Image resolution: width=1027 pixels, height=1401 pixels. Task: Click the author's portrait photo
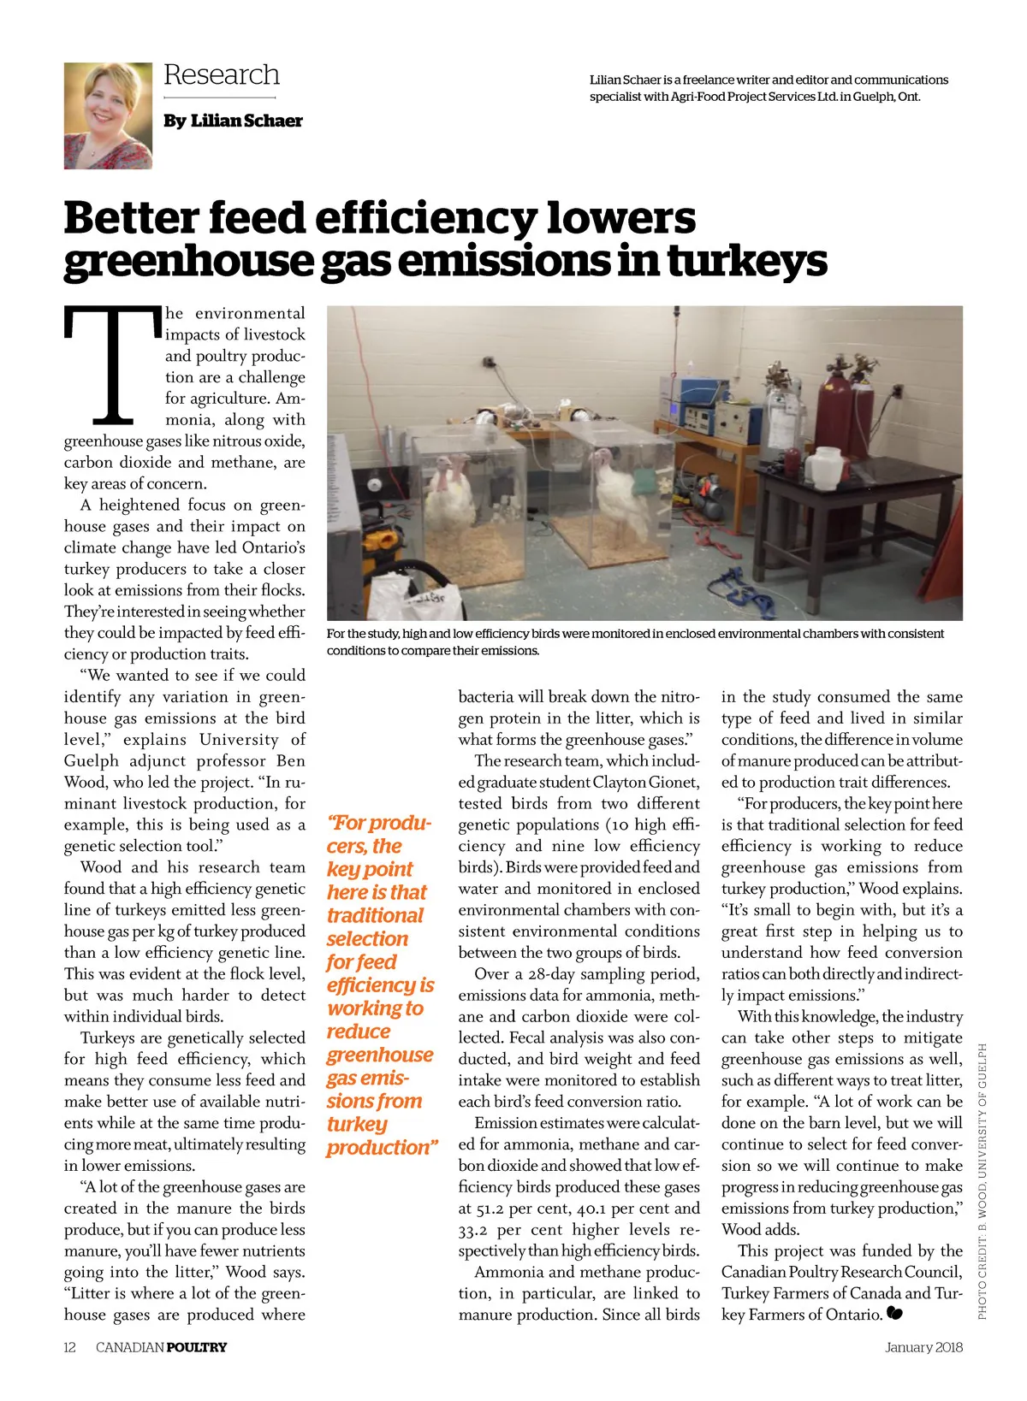click(x=108, y=115)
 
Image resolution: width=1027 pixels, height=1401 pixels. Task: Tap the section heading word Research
click(x=222, y=75)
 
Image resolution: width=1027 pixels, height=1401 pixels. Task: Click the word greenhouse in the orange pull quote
click(x=380, y=1055)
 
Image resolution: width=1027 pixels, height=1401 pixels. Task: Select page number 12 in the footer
click(x=70, y=1348)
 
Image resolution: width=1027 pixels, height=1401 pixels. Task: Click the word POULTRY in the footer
click(x=197, y=1348)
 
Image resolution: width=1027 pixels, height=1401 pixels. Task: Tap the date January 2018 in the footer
click(x=923, y=1348)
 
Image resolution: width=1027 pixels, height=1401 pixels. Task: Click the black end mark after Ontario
click(x=896, y=1314)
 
